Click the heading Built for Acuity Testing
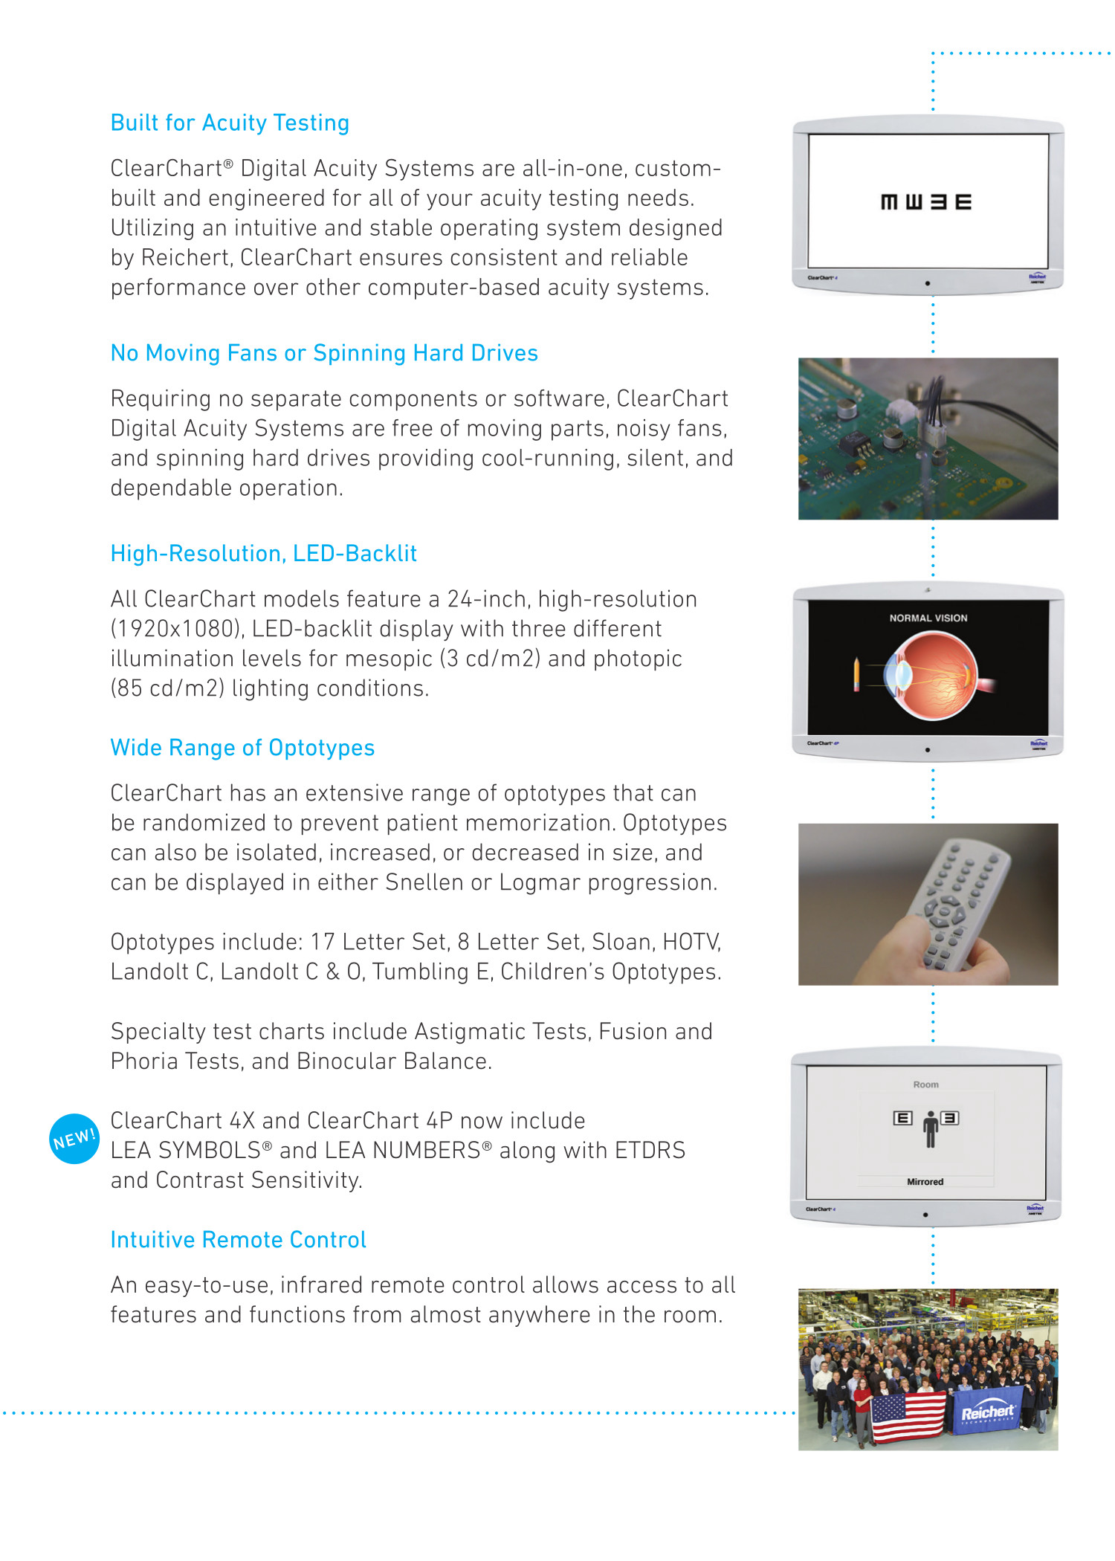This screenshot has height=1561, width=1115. click(230, 123)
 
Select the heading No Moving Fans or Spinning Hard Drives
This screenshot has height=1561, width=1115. click(324, 353)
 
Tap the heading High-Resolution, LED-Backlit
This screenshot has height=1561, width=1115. click(263, 554)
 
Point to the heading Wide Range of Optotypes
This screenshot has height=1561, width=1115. click(242, 748)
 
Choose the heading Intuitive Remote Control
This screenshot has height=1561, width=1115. click(238, 1240)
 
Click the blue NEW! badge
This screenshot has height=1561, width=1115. click(74, 1138)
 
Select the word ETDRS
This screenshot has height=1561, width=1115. click(653, 1151)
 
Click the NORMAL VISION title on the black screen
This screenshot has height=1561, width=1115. click(928, 618)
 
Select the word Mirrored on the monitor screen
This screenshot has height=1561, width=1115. click(925, 1182)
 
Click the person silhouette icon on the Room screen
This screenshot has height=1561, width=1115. click(930, 1129)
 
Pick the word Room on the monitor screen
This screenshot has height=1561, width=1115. click(925, 1085)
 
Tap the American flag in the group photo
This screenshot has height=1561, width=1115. click(908, 1416)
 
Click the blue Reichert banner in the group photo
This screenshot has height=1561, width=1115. click(987, 1411)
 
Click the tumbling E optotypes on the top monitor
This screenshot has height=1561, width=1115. click(925, 202)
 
